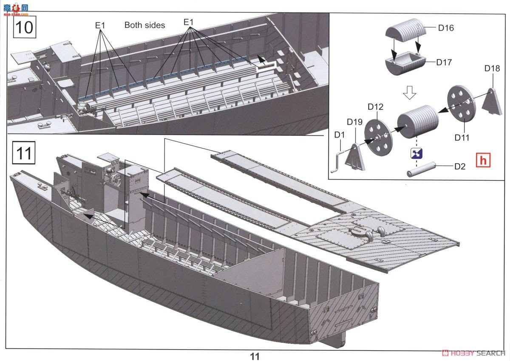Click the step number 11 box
tap(24, 153)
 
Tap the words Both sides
tap(144, 25)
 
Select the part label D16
tap(445, 28)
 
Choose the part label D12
tap(375, 107)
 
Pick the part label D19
tap(354, 122)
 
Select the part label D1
tap(339, 135)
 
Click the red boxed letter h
tap(483, 160)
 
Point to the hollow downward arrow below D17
tap(409, 92)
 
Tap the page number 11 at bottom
tap(255, 356)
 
